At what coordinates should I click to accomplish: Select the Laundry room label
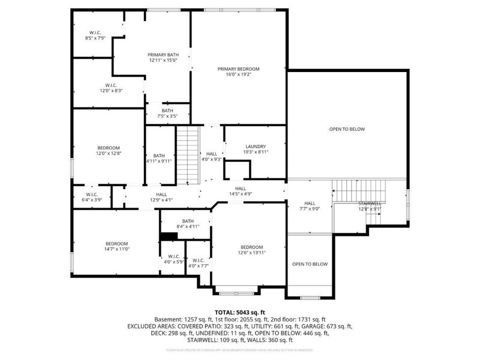(256, 149)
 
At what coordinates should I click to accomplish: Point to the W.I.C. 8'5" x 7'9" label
(96, 35)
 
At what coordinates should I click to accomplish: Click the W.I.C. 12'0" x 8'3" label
(111, 88)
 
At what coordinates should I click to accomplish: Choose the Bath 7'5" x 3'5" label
(167, 113)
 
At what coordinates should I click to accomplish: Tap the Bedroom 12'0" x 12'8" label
(109, 151)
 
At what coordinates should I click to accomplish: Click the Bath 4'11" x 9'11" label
(159, 158)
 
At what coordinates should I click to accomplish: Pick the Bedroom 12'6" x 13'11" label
(252, 250)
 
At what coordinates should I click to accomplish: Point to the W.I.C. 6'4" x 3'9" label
(92, 197)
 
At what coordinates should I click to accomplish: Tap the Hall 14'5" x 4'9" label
(240, 191)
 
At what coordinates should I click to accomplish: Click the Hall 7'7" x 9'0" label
(310, 206)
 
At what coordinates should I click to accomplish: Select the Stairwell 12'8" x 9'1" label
(370, 206)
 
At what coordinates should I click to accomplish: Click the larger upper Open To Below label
(347, 129)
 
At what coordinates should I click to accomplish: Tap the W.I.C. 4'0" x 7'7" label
(199, 263)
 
